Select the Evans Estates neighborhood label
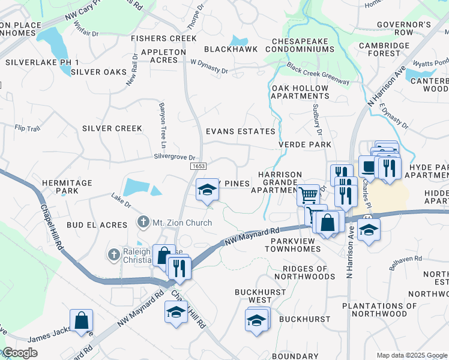[x=240, y=131]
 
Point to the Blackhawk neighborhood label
[x=231, y=49]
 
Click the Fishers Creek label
[x=164, y=38]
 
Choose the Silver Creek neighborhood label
[x=112, y=128]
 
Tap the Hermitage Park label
[x=67, y=187]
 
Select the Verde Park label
[x=305, y=145]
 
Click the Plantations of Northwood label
[x=379, y=310]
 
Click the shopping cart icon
[x=308, y=194]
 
